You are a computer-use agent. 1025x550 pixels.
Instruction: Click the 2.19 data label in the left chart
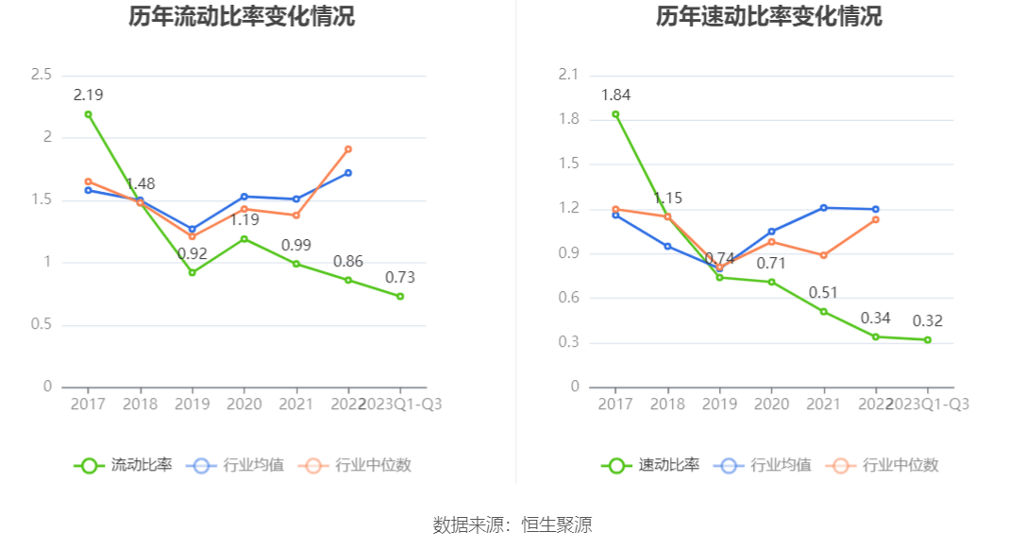[x=88, y=95]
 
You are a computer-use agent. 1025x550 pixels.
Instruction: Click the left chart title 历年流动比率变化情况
[x=242, y=16]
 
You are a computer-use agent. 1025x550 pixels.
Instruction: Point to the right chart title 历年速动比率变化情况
[x=769, y=16]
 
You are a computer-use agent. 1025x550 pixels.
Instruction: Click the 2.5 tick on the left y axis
[x=42, y=75]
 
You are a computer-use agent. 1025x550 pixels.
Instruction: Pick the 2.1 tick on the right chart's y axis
[x=569, y=75]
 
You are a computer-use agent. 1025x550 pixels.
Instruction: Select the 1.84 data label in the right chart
[x=615, y=95]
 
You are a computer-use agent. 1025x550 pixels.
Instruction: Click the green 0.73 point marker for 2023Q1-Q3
[x=400, y=296]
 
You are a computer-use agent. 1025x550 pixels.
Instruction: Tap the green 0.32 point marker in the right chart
[x=928, y=339]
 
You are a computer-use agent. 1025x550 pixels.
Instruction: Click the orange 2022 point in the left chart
[x=348, y=149]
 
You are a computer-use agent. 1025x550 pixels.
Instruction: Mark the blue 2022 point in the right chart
[x=876, y=209]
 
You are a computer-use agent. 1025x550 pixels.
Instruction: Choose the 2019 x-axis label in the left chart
[x=193, y=404]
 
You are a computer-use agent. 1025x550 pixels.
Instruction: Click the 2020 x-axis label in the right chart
[x=771, y=404]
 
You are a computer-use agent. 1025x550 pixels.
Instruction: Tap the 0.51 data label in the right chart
[x=823, y=292]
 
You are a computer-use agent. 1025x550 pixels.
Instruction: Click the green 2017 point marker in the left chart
[x=88, y=114]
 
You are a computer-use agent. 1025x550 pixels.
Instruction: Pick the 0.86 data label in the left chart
[x=348, y=261]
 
